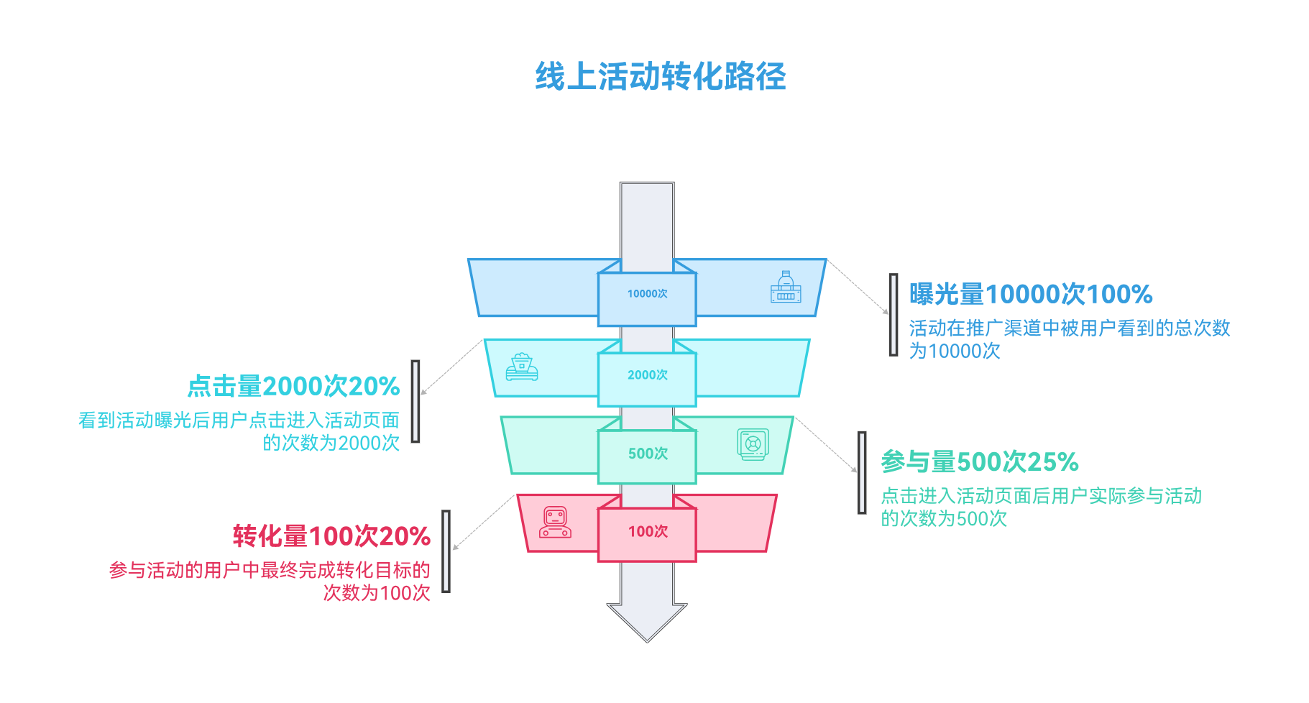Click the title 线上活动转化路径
[x=660, y=77]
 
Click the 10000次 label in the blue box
[x=647, y=294]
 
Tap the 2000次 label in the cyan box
[x=647, y=375]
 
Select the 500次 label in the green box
[x=648, y=454]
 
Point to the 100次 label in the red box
[x=648, y=531]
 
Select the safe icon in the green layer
[x=753, y=444]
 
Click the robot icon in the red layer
[x=556, y=523]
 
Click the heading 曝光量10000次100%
[x=1031, y=295]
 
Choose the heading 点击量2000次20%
[x=293, y=387]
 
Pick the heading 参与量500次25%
[x=980, y=462]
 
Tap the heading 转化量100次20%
[x=331, y=536]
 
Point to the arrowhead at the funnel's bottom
[x=647, y=621]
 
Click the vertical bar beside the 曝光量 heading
[x=894, y=315]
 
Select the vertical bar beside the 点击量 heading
[x=415, y=401]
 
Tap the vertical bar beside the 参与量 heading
[x=862, y=472]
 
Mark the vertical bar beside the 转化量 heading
[x=446, y=551]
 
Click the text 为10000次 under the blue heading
[x=955, y=351]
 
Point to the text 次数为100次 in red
[x=377, y=593]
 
